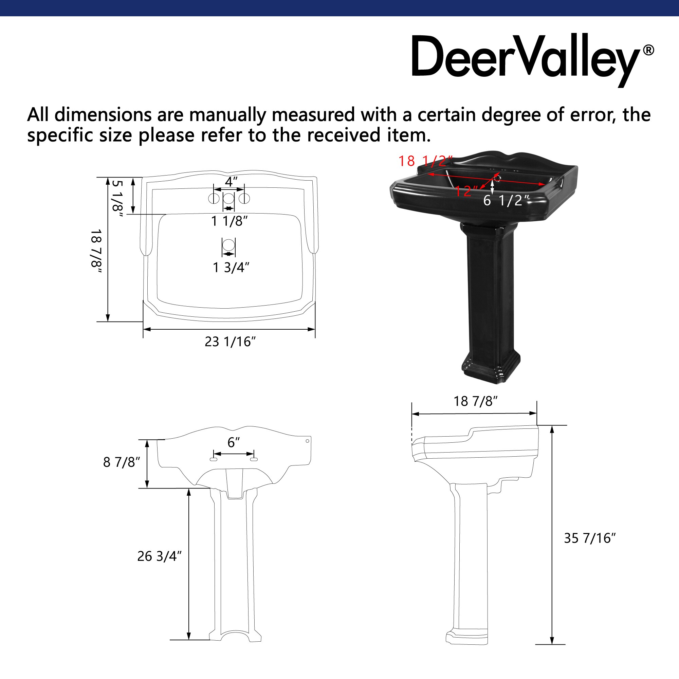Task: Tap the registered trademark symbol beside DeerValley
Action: pyautogui.click(x=648, y=50)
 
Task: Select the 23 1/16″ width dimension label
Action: pyautogui.click(x=230, y=342)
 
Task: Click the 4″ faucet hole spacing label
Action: pyautogui.click(x=231, y=182)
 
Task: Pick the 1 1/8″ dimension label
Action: pyautogui.click(x=229, y=221)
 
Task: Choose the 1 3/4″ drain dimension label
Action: pyautogui.click(x=231, y=268)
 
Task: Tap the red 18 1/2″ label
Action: pyautogui.click(x=425, y=161)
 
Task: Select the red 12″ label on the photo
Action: pyautogui.click(x=466, y=191)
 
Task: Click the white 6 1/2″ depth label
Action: pyautogui.click(x=506, y=200)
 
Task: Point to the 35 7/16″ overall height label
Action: pyautogui.click(x=590, y=538)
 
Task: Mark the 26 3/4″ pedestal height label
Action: pyautogui.click(x=159, y=556)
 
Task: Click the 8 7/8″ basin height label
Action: pyautogui.click(x=121, y=462)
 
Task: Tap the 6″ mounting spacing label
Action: pyautogui.click(x=233, y=442)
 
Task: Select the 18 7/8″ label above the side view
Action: pyautogui.click(x=476, y=401)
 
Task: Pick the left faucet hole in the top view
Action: pyautogui.click(x=214, y=199)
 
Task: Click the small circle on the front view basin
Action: pyautogui.click(x=307, y=441)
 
